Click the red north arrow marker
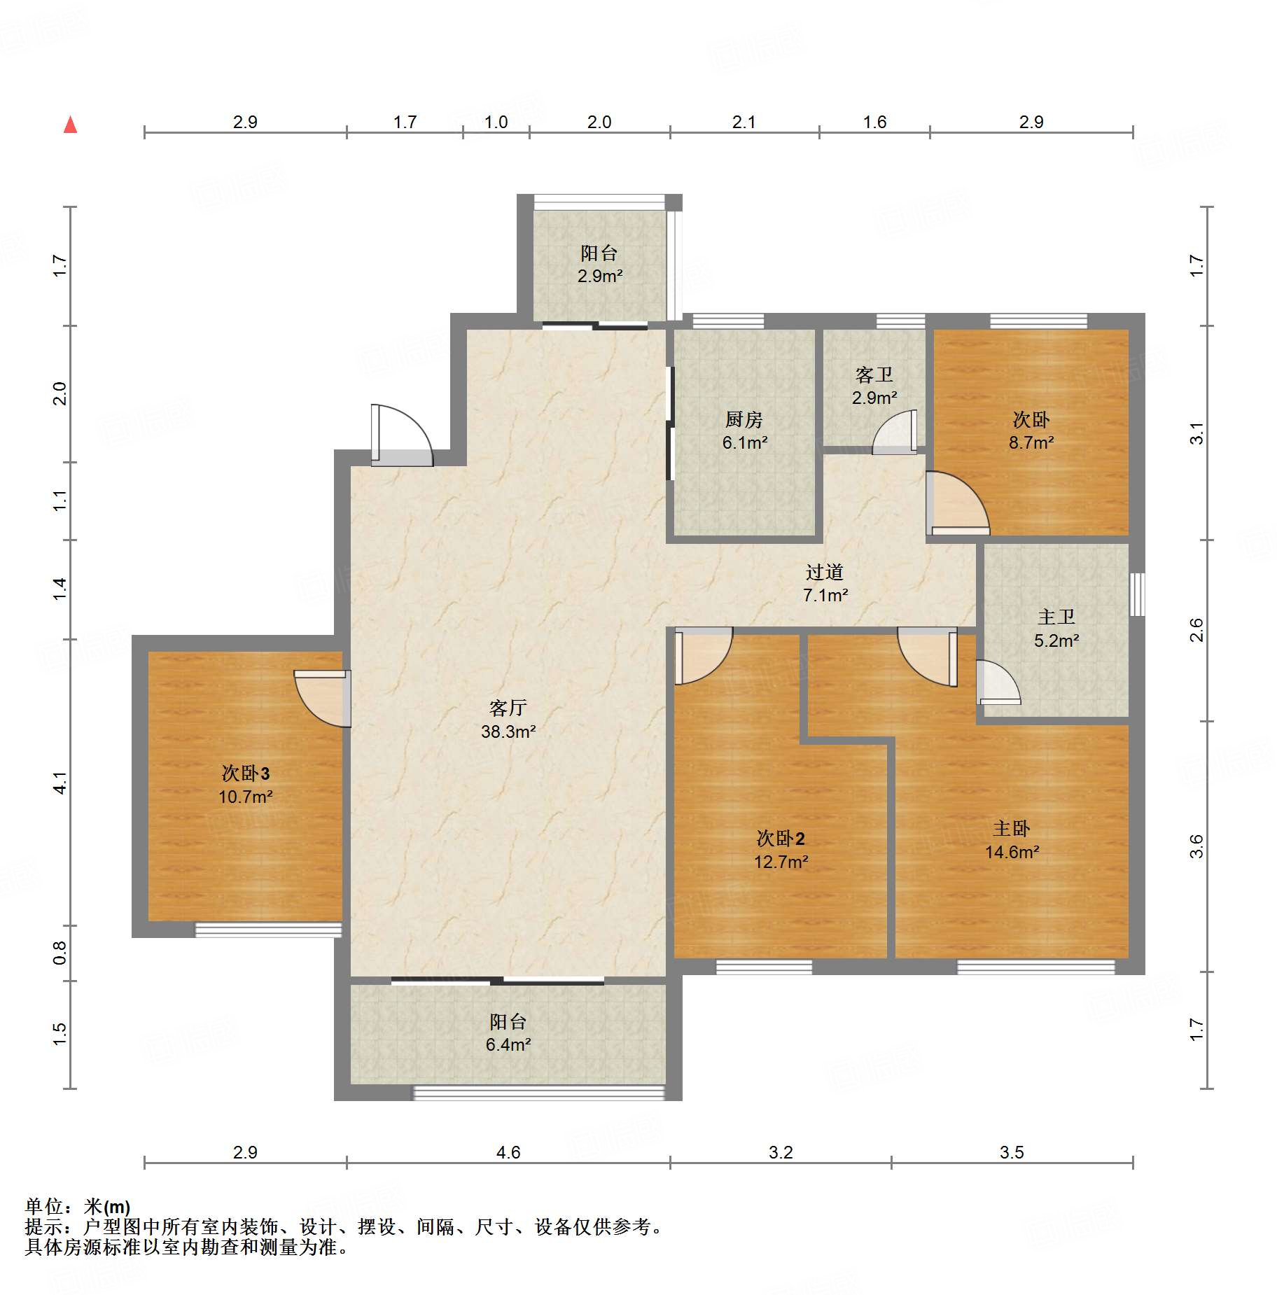(70, 125)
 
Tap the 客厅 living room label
(508, 708)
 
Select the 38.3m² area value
(508, 731)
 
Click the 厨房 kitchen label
(744, 419)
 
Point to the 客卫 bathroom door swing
(893, 434)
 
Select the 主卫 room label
(1056, 617)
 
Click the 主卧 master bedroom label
(1011, 828)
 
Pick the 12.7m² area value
(781, 862)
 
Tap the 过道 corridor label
(824, 572)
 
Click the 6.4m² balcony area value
(508, 1044)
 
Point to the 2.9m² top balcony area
(599, 276)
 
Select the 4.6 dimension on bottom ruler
(508, 1152)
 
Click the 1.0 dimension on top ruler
(496, 122)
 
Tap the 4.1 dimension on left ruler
(60, 783)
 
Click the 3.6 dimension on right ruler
(1196, 846)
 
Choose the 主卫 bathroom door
(997, 683)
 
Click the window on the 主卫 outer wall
(1138, 594)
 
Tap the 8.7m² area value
(1031, 442)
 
